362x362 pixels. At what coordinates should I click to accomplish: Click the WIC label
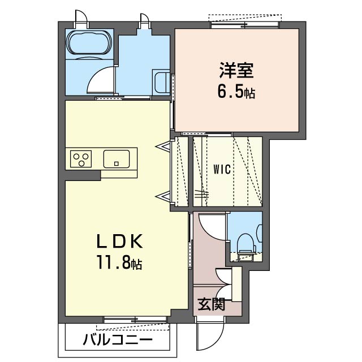point(221,169)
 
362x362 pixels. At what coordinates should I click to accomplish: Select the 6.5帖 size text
point(236,92)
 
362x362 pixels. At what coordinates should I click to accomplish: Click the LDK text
point(118,242)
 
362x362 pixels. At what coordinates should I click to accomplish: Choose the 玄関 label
point(211,305)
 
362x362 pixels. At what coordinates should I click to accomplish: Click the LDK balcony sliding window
point(135,321)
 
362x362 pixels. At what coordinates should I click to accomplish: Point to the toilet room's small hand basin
point(260,232)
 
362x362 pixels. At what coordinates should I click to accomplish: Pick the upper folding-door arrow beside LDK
point(164,146)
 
